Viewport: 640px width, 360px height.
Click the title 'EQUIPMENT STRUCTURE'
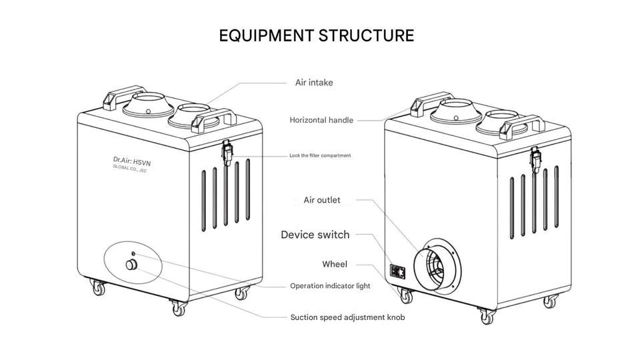tap(316, 35)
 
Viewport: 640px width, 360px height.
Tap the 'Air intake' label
tap(313, 83)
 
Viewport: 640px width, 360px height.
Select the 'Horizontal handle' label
tap(321, 120)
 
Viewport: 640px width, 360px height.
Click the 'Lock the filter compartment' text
tap(320, 155)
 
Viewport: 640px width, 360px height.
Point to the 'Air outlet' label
tap(322, 200)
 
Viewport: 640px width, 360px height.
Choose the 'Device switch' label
tap(315, 235)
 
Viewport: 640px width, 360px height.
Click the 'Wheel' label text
tap(335, 264)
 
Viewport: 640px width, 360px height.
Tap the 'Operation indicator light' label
tap(330, 286)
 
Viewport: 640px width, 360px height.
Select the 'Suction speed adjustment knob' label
tap(347, 317)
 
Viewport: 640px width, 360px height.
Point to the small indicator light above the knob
tap(133, 253)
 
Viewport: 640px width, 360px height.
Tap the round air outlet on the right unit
tap(435, 264)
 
